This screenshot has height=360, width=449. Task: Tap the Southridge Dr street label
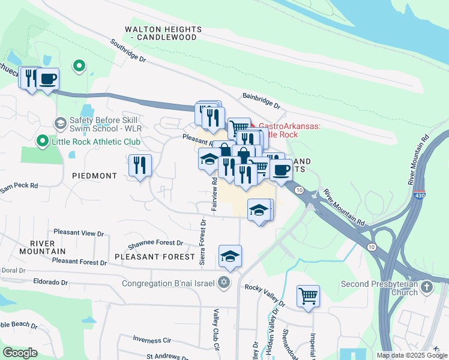(x=128, y=51)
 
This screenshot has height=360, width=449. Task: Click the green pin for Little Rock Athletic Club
(x=42, y=142)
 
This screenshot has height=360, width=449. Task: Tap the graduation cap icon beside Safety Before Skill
(x=60, y=124)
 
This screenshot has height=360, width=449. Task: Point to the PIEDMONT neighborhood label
(x=94, y=176)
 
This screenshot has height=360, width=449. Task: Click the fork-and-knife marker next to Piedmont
(x=140, y=165)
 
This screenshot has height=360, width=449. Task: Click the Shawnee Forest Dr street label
(x=155, y=244)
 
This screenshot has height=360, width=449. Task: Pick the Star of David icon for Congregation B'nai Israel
(x=224, y=283)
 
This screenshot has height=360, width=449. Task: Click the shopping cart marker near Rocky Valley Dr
(x=308, y=296)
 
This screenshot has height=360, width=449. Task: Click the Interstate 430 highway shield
(x=418, y=196)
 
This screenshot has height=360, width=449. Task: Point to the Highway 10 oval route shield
(x=298, y=190)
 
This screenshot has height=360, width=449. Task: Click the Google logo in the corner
(x=20, y=352)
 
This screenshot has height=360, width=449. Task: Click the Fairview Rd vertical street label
(x=214, y=193)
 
